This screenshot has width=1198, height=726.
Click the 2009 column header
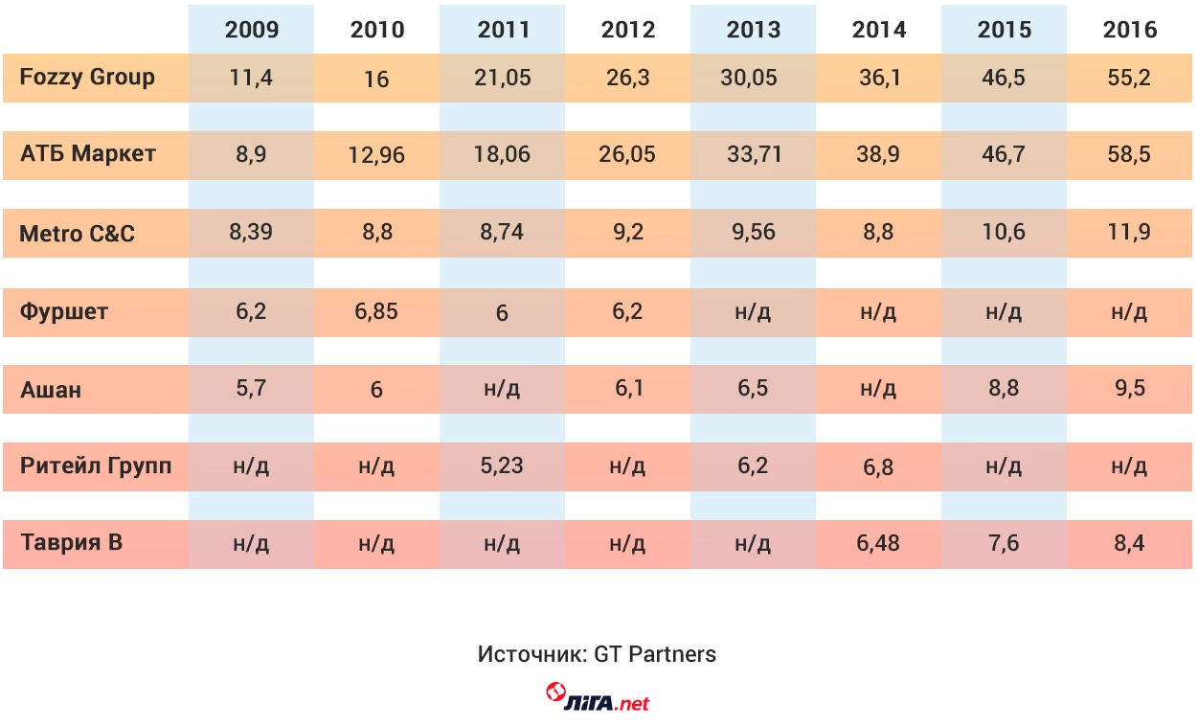click(252, 30)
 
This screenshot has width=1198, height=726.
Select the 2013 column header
click(754, 30)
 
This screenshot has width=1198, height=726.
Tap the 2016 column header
click(1130, 30)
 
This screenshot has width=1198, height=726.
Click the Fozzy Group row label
click(87, 78)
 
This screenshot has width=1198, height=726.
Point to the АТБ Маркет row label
click(88, 154)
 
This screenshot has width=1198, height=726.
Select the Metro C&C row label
click(78, 233)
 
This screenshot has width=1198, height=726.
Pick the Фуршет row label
click(64, 311)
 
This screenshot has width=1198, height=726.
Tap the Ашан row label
click(51, 390)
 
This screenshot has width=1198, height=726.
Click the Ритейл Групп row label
click(96, 466)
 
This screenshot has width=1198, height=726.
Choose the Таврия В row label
click(71, 543)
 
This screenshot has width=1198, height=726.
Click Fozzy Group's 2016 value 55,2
click(1129, 78)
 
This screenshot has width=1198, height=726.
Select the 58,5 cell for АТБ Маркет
click(1129, 154)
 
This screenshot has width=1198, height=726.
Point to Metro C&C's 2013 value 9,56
click(754, 233)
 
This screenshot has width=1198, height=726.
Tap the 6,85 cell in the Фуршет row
click(376, 311)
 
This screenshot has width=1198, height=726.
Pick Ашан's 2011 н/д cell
click(502, 390)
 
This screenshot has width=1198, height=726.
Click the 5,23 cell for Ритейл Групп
click(502, 466)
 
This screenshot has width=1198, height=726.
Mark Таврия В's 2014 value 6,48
click(878, 543)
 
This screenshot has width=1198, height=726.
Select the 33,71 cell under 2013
click(754, 154)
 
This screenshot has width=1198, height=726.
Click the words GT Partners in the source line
click(655, 655)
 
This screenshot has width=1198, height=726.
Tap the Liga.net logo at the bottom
click(598, 697)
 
